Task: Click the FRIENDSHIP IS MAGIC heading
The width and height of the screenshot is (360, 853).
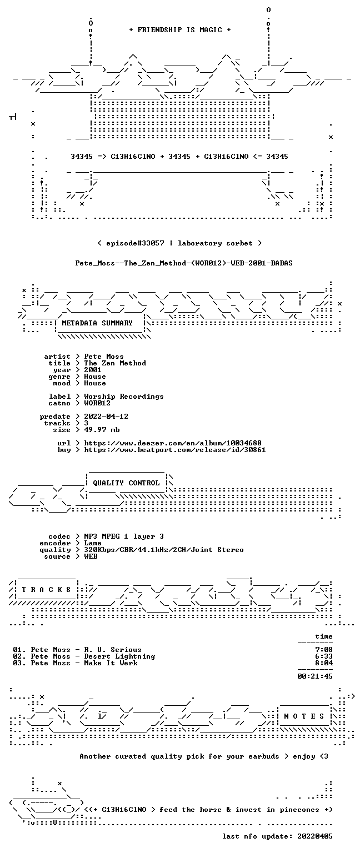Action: tap(180, 29)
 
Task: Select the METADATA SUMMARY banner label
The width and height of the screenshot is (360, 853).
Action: tap(97, 323)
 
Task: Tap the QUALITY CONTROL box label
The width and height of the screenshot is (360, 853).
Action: tap(126, 483)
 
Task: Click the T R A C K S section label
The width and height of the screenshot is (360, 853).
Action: tap(46, 589)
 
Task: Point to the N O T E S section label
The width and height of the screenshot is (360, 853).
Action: tap(304, 716)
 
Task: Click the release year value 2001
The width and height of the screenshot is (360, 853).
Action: tap(93, 370)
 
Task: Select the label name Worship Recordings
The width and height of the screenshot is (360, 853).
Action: tap(124, 397)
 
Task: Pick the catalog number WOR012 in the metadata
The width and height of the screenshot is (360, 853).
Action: tap(97, 403)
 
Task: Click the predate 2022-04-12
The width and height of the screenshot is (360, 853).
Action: tap(106, 416)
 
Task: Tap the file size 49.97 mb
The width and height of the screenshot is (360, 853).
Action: tap(102, 429)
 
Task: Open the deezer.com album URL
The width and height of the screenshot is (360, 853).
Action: tap(173, 443)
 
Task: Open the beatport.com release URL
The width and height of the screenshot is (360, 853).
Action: tap(175, 450)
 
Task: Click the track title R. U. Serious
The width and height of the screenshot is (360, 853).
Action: tap(113, 650)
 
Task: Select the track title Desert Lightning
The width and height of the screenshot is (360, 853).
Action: tap(119, 656)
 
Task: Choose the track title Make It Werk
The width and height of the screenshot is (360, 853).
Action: tap(111, 663)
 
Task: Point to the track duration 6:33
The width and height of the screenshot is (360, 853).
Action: tap(324, 656)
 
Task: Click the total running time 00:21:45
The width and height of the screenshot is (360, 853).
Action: tap(315, 676)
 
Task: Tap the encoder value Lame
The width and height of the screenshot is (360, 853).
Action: tap(93, 543)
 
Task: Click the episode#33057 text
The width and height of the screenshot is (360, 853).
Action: tap(135, 243)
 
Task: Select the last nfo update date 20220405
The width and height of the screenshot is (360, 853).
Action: tap(315, 836)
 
